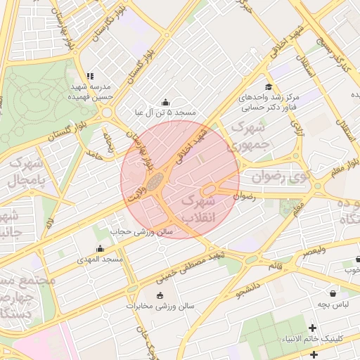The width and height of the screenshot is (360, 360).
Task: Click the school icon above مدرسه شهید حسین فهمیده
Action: point(89,76)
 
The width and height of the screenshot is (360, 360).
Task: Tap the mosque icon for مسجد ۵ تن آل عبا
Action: point(165,103)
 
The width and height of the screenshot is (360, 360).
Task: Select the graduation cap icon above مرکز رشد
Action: point(267,86)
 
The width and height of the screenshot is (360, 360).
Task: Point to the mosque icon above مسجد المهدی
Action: point(100,248)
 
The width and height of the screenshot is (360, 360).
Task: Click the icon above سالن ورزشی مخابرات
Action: point(160,295)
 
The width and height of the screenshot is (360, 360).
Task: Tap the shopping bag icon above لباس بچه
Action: point(331,293)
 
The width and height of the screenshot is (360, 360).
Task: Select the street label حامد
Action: point(94,153)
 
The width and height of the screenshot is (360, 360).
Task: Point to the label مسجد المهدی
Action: point(100,259)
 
